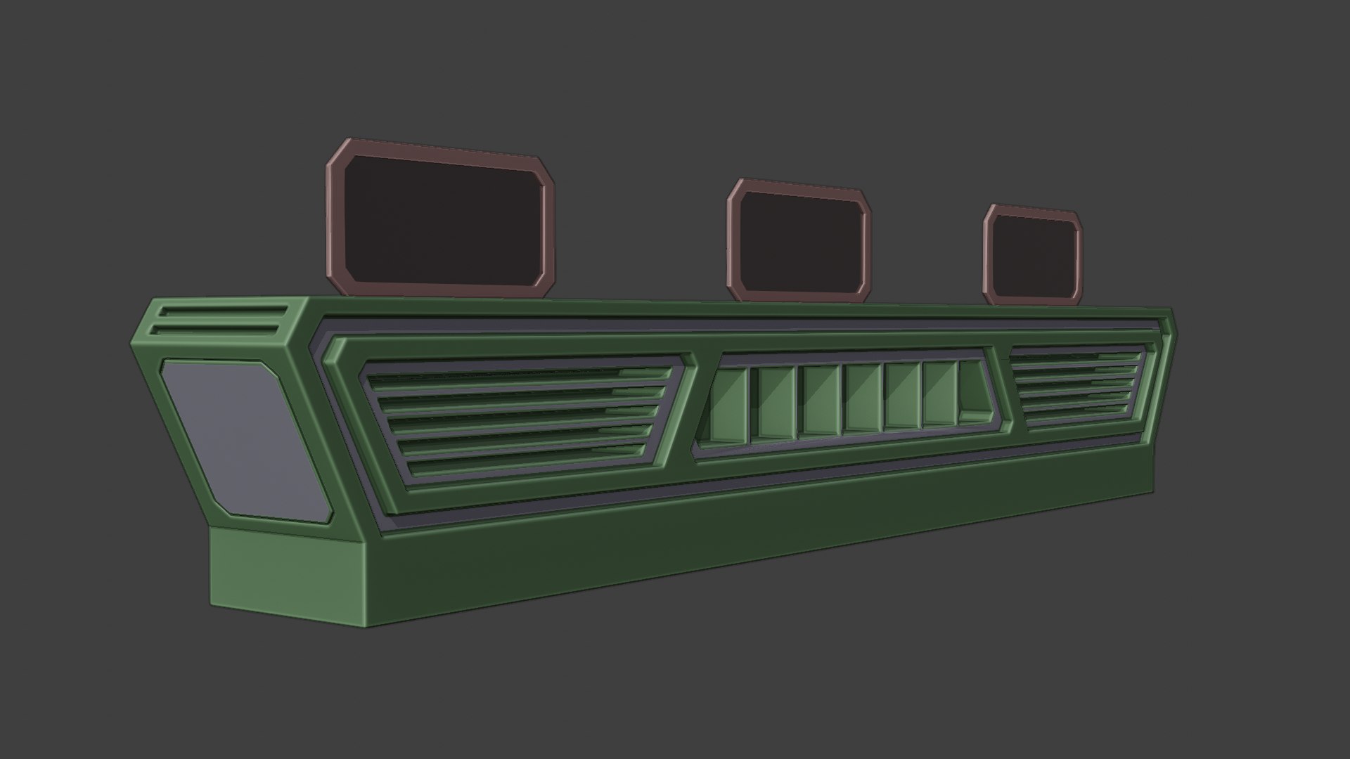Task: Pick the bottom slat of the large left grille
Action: pyautogui.click(x=527, y=467)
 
